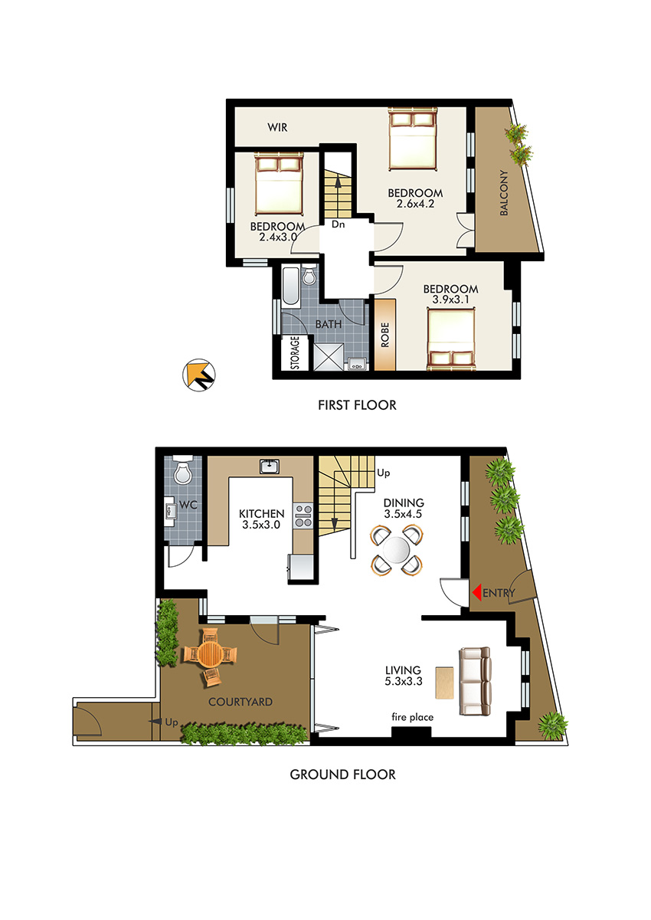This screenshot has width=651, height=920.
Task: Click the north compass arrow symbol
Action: pos(199,375)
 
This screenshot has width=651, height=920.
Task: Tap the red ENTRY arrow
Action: pos(476,593)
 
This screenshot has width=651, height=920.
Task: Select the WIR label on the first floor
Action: pos(277,127)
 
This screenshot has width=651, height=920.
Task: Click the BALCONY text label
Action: pos(504,192)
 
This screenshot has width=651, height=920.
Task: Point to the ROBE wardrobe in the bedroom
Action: pos(384,335)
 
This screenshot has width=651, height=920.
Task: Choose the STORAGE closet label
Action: pos(295,353)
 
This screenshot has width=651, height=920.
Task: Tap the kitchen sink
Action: pos(270,467)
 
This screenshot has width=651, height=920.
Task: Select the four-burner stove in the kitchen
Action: pos(303,516)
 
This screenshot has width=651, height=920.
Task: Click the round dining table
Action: pos(396,550)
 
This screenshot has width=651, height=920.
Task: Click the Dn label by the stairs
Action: pos(338,224)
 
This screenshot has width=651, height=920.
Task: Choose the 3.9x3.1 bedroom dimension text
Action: pos(450,300)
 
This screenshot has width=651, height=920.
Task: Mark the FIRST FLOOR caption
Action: pos(357,405)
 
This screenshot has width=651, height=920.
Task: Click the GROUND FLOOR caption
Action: pos(342,774)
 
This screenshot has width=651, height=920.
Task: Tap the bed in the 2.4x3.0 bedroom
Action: pos(279,184)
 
